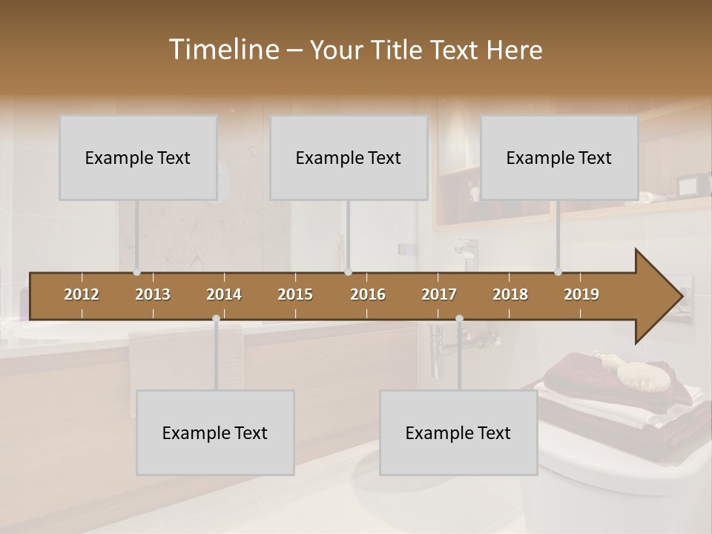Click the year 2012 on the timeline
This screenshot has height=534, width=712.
82,294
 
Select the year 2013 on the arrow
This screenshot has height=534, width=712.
153,294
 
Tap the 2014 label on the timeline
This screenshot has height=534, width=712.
224,294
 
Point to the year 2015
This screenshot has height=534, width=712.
295,294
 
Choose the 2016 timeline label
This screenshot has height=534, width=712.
368,294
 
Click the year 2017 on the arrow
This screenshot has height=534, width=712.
439,294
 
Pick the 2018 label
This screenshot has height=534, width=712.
510,294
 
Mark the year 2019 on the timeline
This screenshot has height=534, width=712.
581,294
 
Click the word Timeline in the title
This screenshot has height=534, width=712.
222,50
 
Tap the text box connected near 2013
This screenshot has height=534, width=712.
138,158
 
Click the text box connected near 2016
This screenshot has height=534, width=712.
349,158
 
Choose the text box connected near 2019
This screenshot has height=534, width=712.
559,158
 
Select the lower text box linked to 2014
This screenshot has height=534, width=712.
215,433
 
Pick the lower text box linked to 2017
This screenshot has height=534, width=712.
458,433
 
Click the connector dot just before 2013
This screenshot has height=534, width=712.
136,272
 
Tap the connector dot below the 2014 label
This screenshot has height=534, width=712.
216,319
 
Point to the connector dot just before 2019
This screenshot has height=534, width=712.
558,272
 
